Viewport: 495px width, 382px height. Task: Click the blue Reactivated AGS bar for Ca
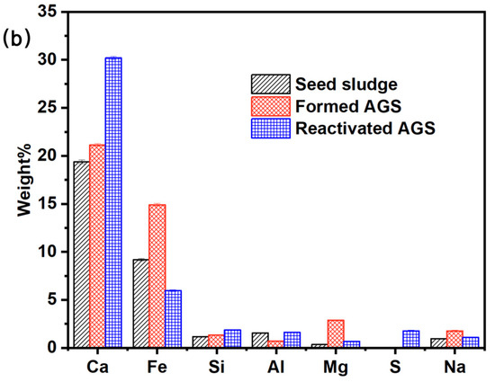pyautogui.click(x=113, y=202)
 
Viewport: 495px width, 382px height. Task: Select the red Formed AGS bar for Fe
pyautogui.click(x=157, y=276)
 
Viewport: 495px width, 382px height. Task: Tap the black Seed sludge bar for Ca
pyautogui.click(x=81, y=254)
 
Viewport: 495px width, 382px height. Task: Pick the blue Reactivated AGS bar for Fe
pyautogui.click(x=174, y=319)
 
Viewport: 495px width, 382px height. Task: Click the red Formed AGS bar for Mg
pyautogui.click(x=336, y=333)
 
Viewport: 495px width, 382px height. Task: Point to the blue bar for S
pyautogui.click(x=411, y=339)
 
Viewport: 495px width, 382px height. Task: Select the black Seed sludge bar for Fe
pyautogui.click(x=141, y=303)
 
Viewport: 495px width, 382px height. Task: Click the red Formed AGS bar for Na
pyautogui.click(x=454, y=339)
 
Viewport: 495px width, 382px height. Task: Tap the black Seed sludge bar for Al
pyautogui.click(x=260, y=340)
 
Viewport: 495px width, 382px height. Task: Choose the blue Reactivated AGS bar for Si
pyautogui.click(x=232, y=339)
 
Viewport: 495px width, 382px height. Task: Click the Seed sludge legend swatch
pyautogui.click(x=271, y=84)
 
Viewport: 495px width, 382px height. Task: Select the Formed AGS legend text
pyautogui.click(x=348, y=106)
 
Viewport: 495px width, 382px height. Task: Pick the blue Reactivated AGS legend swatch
pyautogui.click(x=271, y=129)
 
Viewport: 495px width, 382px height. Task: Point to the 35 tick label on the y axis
pyautogui.click(x=48, y=12)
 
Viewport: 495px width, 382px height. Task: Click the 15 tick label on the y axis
pyautogui.click(x=48, y=204)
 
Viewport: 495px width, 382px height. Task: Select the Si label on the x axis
pyautogui.click(x=217, y=367)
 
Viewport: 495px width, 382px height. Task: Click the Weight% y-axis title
pyautogui.click(x=24, y=180)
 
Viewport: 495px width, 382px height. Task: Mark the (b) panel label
pyautogui.click(x=17, y=40)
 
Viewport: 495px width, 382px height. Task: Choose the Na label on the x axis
pyautogui.click(x=454, y=367)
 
